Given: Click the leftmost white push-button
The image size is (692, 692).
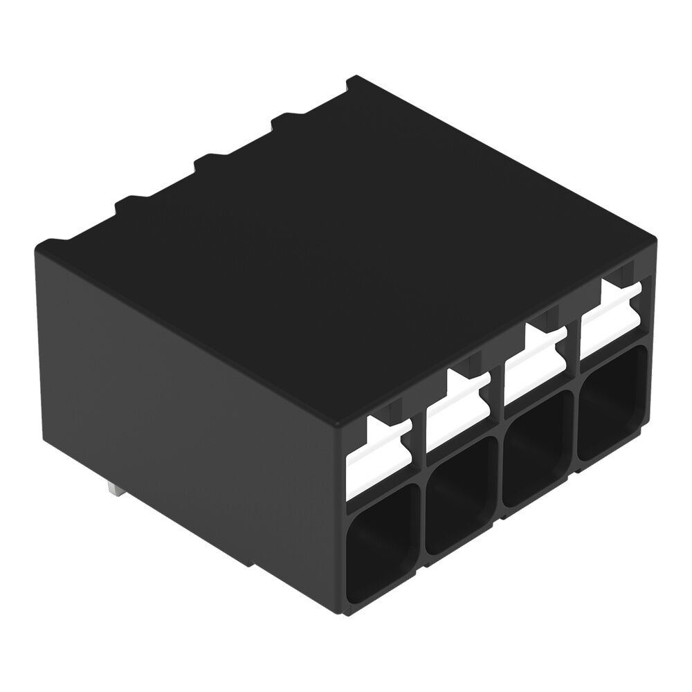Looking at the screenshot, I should [380, 453].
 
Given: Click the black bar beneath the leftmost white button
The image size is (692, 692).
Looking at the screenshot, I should [383, 487].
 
